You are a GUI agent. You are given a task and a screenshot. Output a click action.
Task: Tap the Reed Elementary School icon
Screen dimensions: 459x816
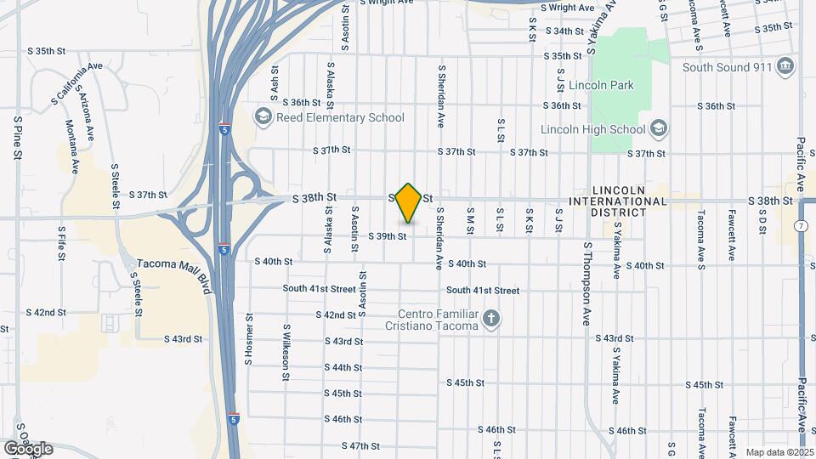tap(263, 116)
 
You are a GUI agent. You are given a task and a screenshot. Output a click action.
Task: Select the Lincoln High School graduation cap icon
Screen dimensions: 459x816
tap(658, 129)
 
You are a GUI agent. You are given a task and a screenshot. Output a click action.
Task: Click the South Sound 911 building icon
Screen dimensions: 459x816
tap(785, 67)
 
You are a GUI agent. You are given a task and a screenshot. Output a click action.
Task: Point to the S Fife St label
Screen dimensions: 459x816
tap(62, 241)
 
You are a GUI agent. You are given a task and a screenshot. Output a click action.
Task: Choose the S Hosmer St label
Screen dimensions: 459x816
tap(249, 335)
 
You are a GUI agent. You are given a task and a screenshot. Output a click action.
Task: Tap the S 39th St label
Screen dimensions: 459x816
tap(388, 236)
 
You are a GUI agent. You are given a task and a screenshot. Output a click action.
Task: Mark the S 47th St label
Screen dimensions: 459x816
tap(360, 445)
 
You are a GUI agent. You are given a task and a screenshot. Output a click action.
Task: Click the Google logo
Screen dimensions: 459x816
tap(28, 448)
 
